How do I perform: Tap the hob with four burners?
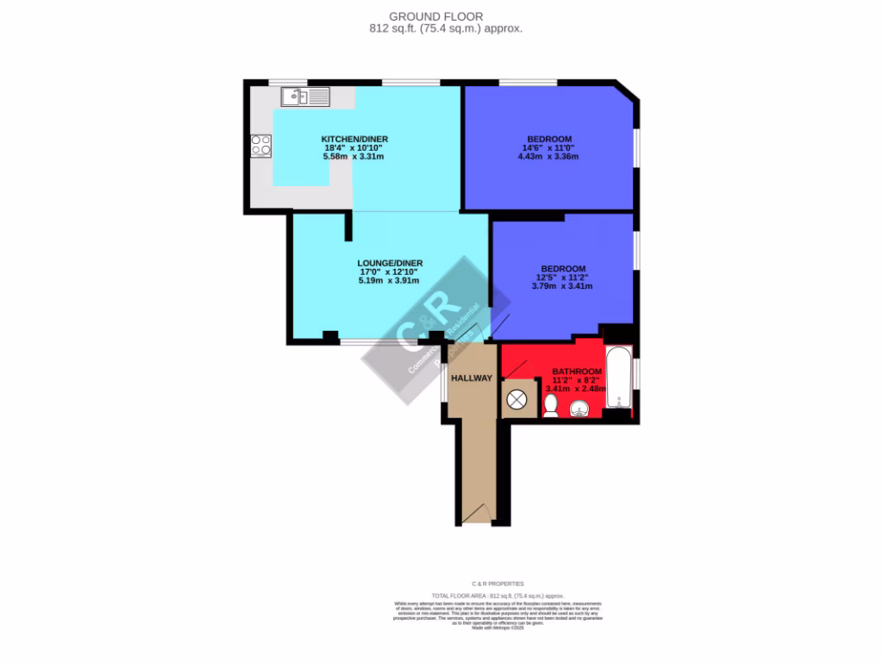tap(260, 146)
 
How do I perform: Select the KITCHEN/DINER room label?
tap(354, 140)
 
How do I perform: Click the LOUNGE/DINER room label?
tap(390, 263)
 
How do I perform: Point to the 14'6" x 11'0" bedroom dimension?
tap(548, 147)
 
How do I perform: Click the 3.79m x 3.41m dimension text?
tap(563, 286)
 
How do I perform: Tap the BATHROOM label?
tap(577, 372)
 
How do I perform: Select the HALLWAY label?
tap(471, 378)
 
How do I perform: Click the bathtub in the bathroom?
tap(618, 377)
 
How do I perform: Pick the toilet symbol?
tap(550, 405)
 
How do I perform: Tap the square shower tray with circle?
tap(517, 400)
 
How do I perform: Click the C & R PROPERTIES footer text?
tap(498, 584)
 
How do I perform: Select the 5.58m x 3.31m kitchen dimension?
tap(354, 156)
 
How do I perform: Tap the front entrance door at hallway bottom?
tap(475, 515)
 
